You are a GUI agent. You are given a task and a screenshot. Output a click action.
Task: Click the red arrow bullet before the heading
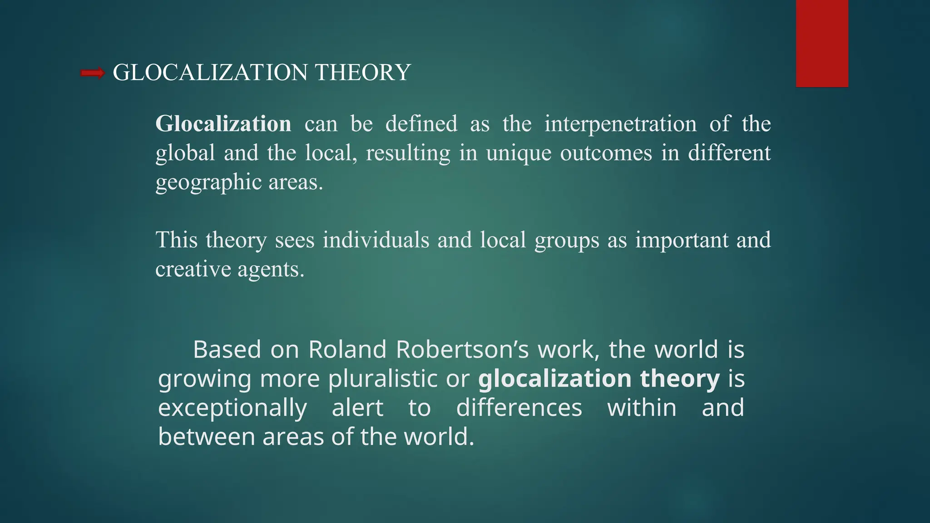(x=93, y=73)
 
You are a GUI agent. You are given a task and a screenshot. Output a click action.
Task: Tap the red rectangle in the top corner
(x=822, y=43)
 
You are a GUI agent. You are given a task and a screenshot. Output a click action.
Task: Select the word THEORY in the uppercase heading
(x=363, y=73)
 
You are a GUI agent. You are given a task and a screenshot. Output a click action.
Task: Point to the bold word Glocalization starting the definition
(x=223, y=124)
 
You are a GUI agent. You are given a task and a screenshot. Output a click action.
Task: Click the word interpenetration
(x=620, y=124)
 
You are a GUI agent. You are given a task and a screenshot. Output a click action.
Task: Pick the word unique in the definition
(x=519, y=153)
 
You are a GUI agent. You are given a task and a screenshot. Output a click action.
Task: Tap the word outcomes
(x=606, y=153)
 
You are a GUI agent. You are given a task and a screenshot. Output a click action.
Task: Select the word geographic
(x=208, y=183)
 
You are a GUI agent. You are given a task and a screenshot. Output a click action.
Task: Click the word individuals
(x=376, y=240)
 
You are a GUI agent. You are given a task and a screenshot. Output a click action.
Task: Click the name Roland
(x=347, y=350)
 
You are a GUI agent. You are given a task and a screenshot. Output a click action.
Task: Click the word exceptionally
(x=232, y=408)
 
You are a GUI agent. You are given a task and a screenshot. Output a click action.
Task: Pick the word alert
(x=357, y=408)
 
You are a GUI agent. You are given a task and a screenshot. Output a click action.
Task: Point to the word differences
(x=519, y=408)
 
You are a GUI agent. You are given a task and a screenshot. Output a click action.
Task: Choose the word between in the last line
(x=206, y=437)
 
